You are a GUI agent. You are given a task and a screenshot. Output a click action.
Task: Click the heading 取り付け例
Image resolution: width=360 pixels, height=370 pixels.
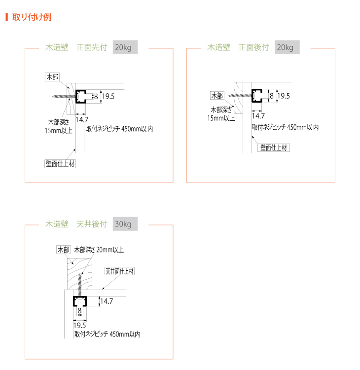[x=32, y=17]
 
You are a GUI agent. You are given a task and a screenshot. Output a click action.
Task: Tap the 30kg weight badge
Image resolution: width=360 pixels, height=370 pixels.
[x=125, y=223]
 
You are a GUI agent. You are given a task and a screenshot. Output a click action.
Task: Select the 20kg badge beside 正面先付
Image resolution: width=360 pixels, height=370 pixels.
[x=125, y=47]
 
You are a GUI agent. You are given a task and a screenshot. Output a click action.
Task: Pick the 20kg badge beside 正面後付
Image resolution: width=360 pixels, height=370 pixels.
[x=287, y=47]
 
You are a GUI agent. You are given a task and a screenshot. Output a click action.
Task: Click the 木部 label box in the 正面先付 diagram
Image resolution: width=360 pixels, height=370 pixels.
[x=52, y=77]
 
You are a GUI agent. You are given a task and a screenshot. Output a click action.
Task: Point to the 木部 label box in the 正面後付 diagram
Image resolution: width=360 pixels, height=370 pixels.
[x=217, y=96]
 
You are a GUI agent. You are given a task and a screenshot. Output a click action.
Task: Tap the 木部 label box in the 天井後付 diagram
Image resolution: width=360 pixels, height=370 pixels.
[x=64, y=250]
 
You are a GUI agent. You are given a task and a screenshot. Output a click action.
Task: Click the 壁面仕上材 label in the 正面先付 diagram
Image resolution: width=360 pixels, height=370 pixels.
[x=60, y=164]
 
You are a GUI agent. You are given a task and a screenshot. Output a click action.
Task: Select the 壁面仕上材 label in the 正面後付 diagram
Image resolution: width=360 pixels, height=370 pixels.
[x=274, y=148]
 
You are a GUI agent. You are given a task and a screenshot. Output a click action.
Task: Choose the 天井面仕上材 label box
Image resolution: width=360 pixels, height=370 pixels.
[x=120, y=271]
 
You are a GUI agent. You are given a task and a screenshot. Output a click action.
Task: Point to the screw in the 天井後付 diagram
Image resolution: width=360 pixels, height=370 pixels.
[x=80, y=285]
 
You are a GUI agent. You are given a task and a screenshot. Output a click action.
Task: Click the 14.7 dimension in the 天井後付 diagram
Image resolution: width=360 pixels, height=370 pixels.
[x=107, y=301]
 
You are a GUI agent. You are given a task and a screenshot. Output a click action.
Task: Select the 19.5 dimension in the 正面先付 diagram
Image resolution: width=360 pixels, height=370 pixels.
[x=108, y=96]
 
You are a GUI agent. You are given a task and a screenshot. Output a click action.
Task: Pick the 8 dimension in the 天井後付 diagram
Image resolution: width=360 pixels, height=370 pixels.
[x=79, y=310]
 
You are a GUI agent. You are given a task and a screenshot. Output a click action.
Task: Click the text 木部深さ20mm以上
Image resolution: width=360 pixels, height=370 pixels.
[x=99, y=250]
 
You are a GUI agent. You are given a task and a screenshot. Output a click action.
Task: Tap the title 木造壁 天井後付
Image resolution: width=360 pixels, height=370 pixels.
[x=76, y=224]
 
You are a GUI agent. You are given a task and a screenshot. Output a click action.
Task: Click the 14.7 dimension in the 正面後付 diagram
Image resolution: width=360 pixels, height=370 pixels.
[x=258, y=116]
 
